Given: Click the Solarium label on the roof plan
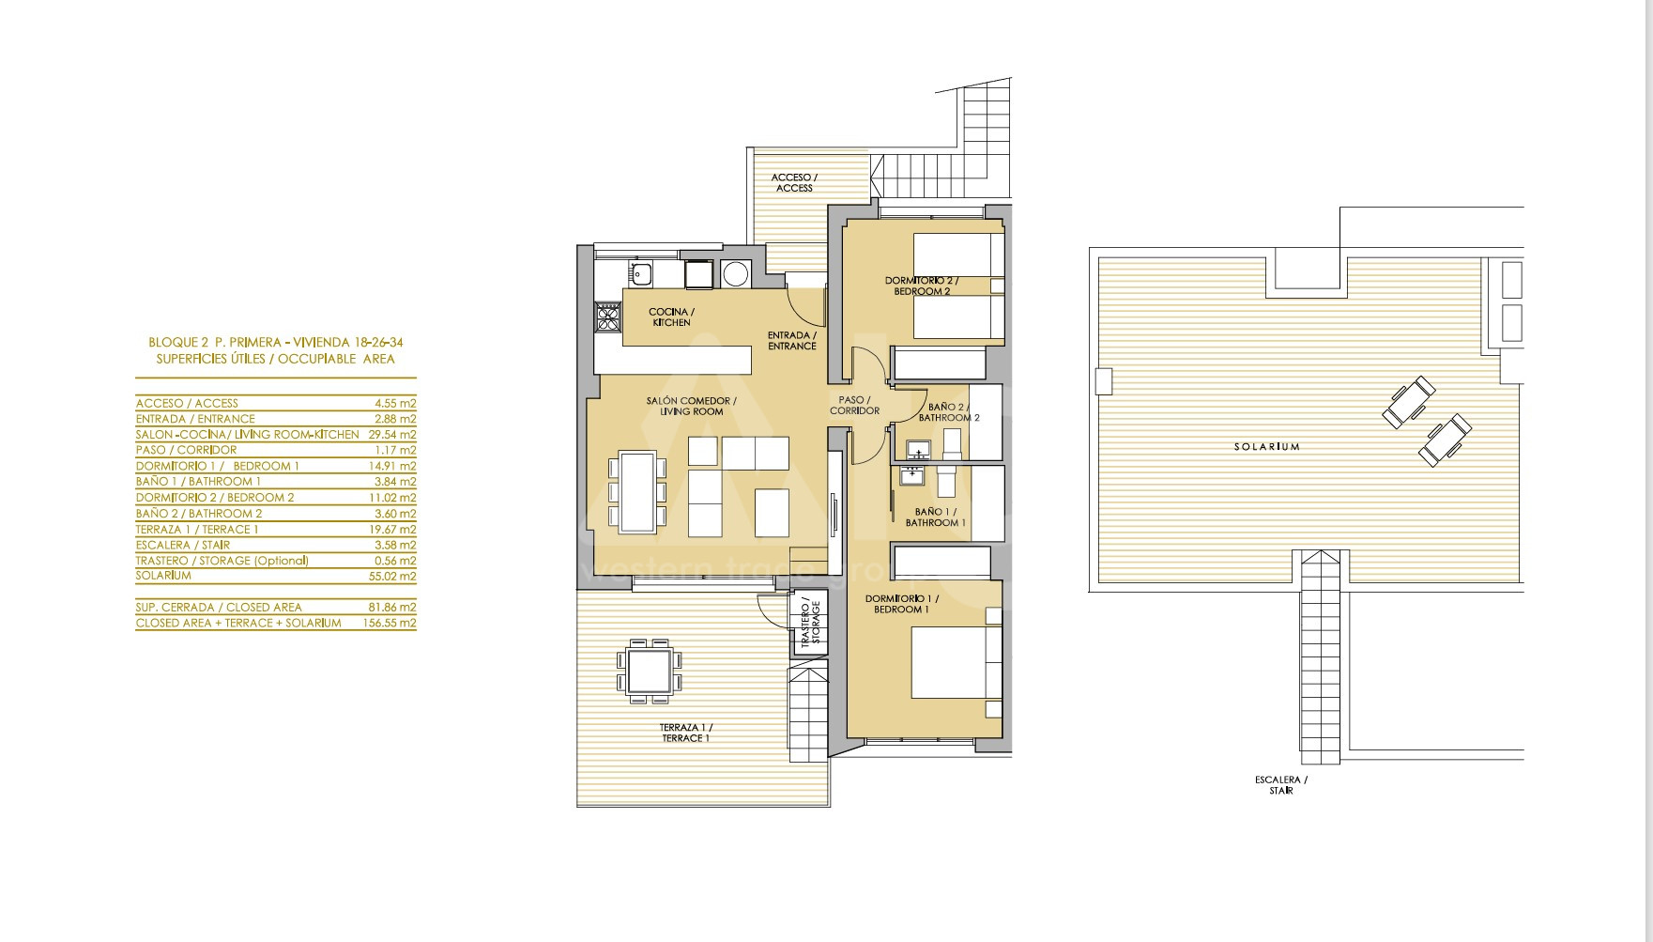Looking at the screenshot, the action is [x=1266, y=447].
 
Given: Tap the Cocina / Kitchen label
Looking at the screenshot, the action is [x=671, y=317].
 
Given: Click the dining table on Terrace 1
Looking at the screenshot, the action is [x=650, y=671].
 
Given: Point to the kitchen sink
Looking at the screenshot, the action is [x=642, y=274].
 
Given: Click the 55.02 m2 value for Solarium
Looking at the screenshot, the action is [x=395, y=576].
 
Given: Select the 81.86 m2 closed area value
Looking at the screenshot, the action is [x=395, y=608].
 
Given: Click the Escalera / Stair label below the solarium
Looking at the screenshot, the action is [x=1280, y=785].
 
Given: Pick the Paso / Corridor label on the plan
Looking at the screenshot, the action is [x=854, y=405].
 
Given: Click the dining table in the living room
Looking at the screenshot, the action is [x=637, y=490].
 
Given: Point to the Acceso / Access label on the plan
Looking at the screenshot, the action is [x=793, y=182].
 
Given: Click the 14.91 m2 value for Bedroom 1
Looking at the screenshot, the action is [x=395, y=466].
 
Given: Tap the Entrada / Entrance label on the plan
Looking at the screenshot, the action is [x=791, y=340].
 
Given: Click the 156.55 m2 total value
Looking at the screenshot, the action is [x=390, y=623].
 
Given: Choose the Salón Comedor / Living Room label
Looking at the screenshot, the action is [x=691, y=406].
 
